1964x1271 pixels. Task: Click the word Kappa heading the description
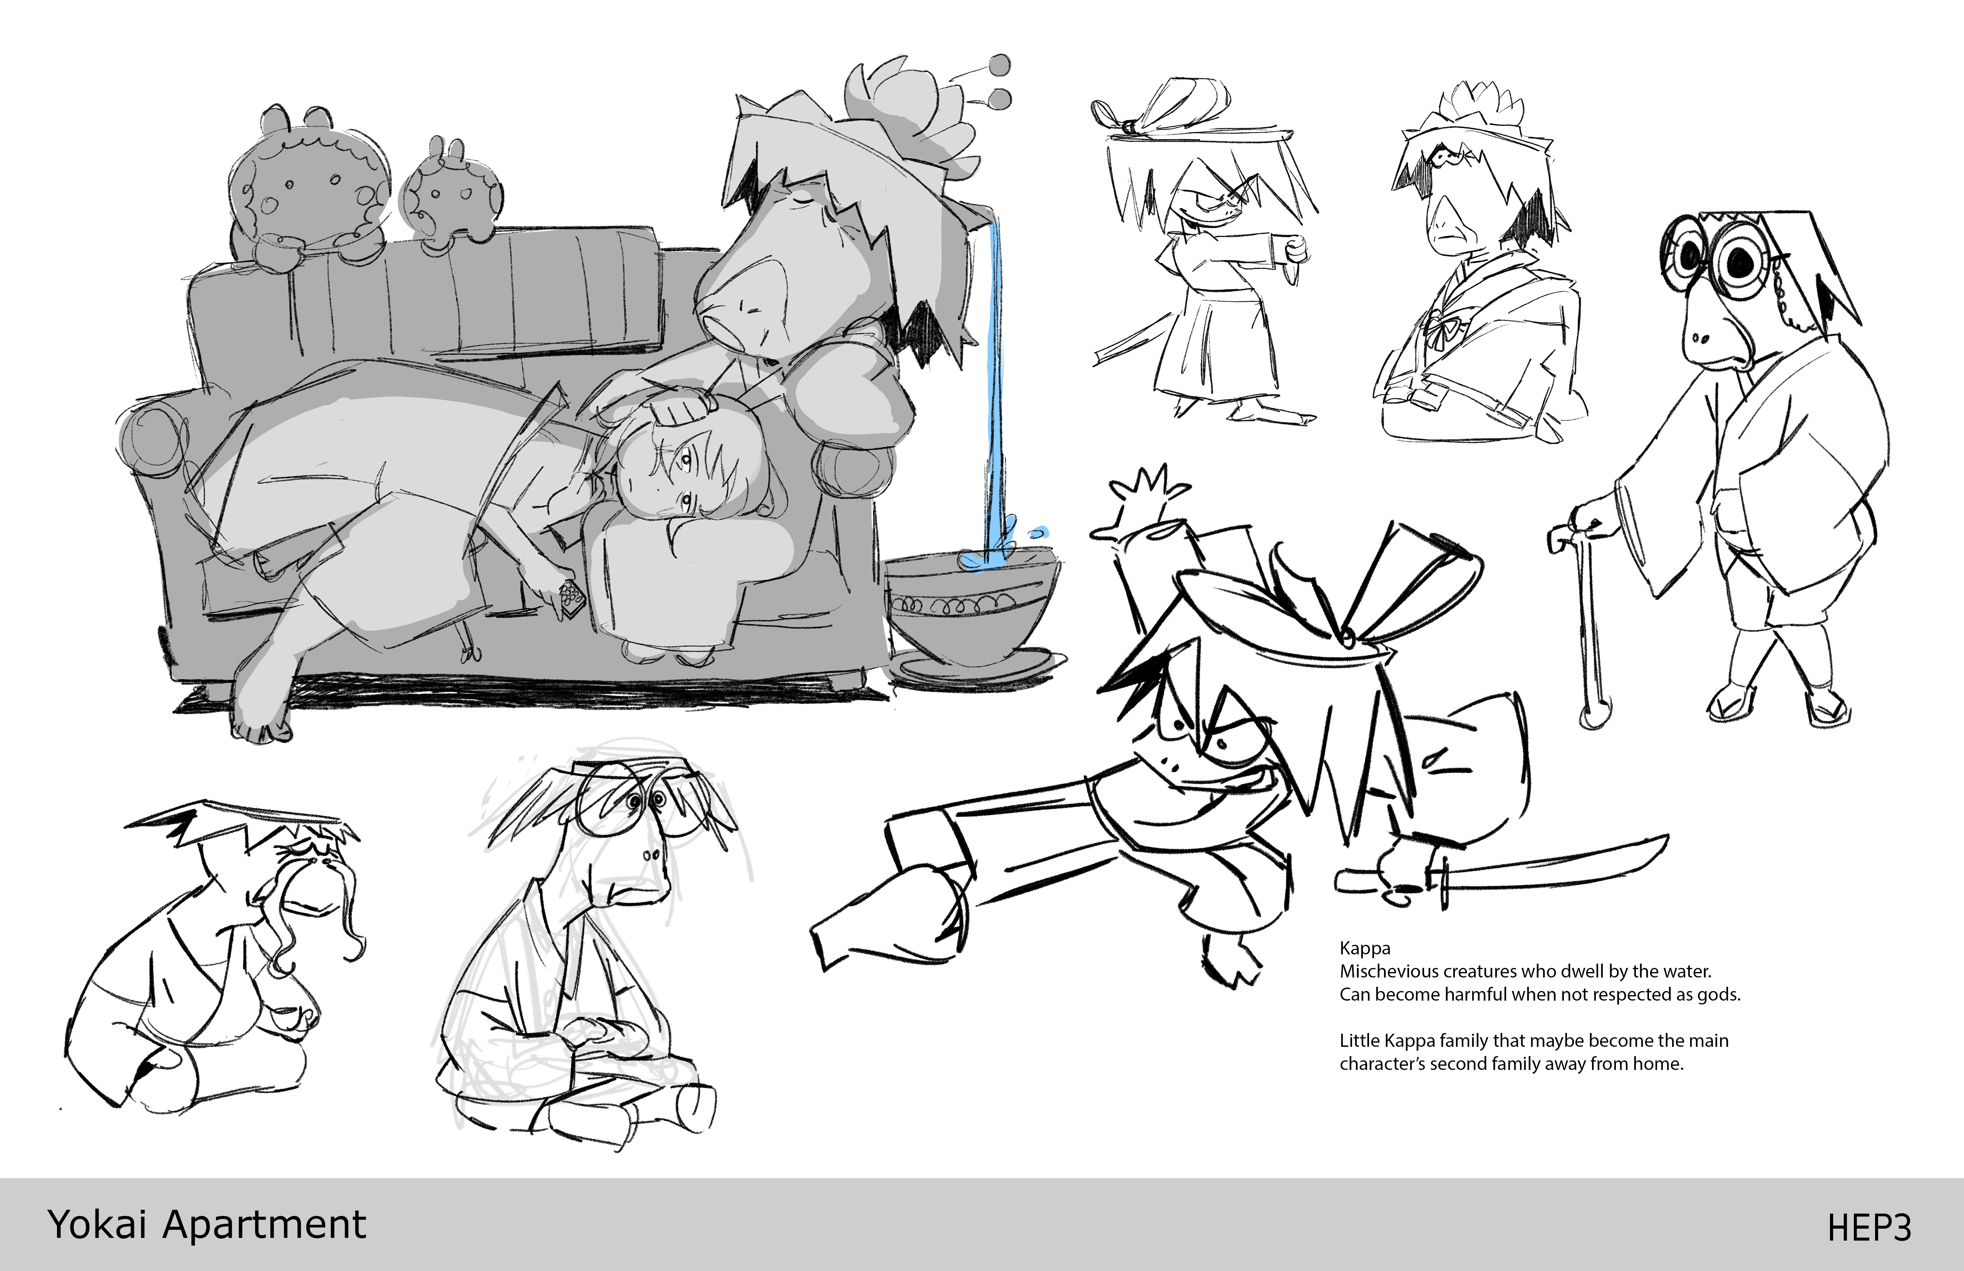(x=1365, y=949)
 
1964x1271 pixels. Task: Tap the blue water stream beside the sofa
(x=996, y=388)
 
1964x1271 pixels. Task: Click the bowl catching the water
(x=974, y=615)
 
